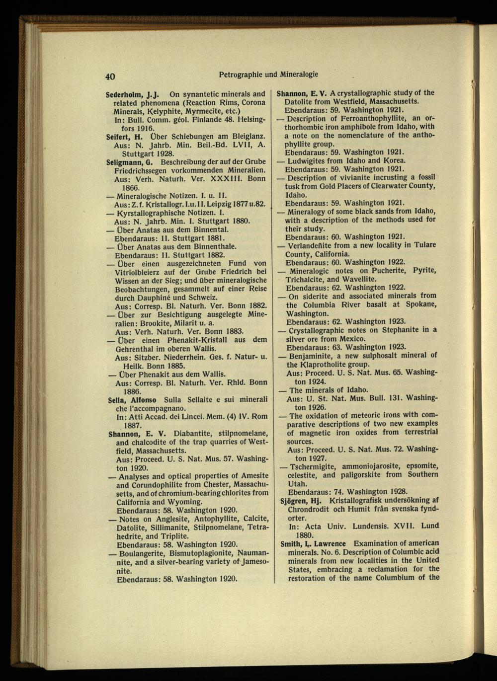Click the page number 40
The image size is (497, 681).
tap(110, 76)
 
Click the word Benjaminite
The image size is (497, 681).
tap(313, 355)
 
